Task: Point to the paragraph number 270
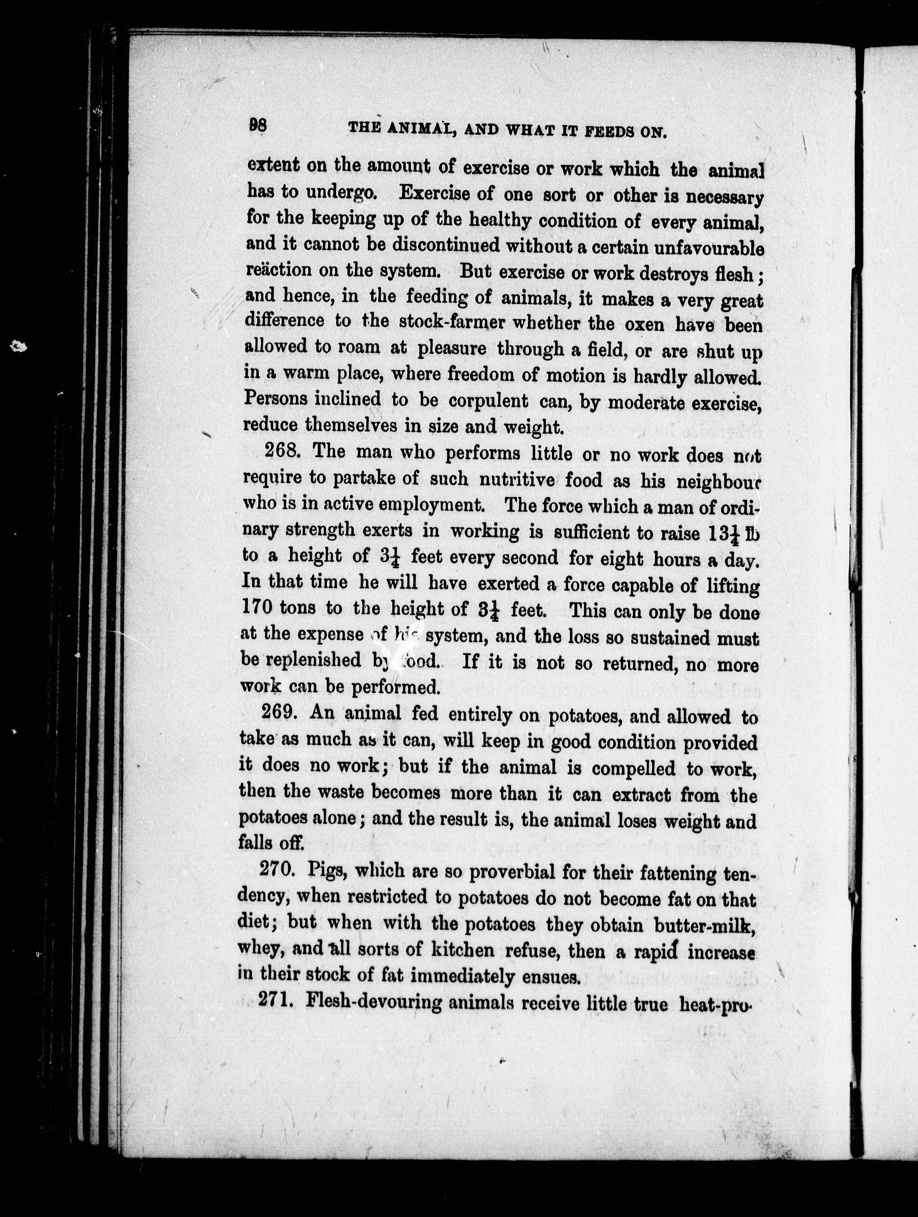tap(278, 871)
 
